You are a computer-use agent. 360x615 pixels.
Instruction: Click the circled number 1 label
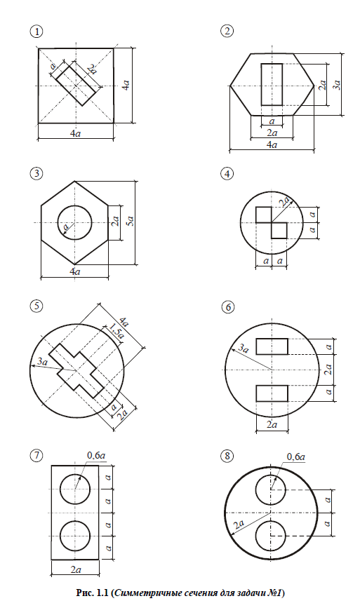pos(38,32)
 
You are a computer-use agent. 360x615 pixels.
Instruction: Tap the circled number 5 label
pos(37,306)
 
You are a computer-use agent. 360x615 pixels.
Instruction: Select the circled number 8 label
pos(227,456)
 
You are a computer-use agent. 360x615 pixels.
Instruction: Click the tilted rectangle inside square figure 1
pos(76,85)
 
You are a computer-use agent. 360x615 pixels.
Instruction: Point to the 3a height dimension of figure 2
pos(338,85)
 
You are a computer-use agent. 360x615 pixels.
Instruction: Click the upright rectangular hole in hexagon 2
pos(272,84)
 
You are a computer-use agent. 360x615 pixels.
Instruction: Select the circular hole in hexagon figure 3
pos(74,222)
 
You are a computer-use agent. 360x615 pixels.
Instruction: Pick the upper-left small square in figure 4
pos(263,215)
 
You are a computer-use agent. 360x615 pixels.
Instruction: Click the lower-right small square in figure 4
pos(279,231)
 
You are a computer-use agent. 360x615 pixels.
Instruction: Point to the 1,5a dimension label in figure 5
pos(116,330)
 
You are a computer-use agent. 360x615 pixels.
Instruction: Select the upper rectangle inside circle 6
pos(272,346)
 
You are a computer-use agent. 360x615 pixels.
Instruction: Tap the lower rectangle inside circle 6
pos(272,393)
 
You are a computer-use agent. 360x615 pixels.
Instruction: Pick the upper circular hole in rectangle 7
pos(75,489)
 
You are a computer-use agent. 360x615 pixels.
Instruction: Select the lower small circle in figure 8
pos(270,536)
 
